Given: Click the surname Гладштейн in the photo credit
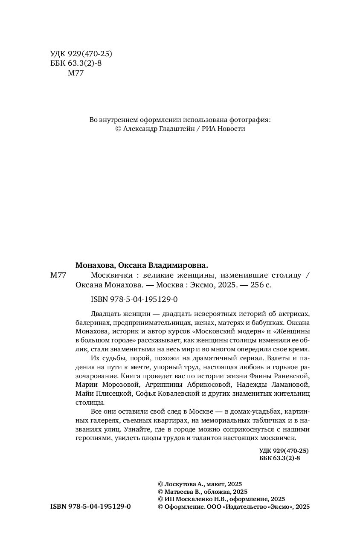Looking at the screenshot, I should [x=175, y=129].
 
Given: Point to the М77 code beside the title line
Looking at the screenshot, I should [x=58, y=275].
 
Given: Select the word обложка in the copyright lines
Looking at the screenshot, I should [x=212, y=492].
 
